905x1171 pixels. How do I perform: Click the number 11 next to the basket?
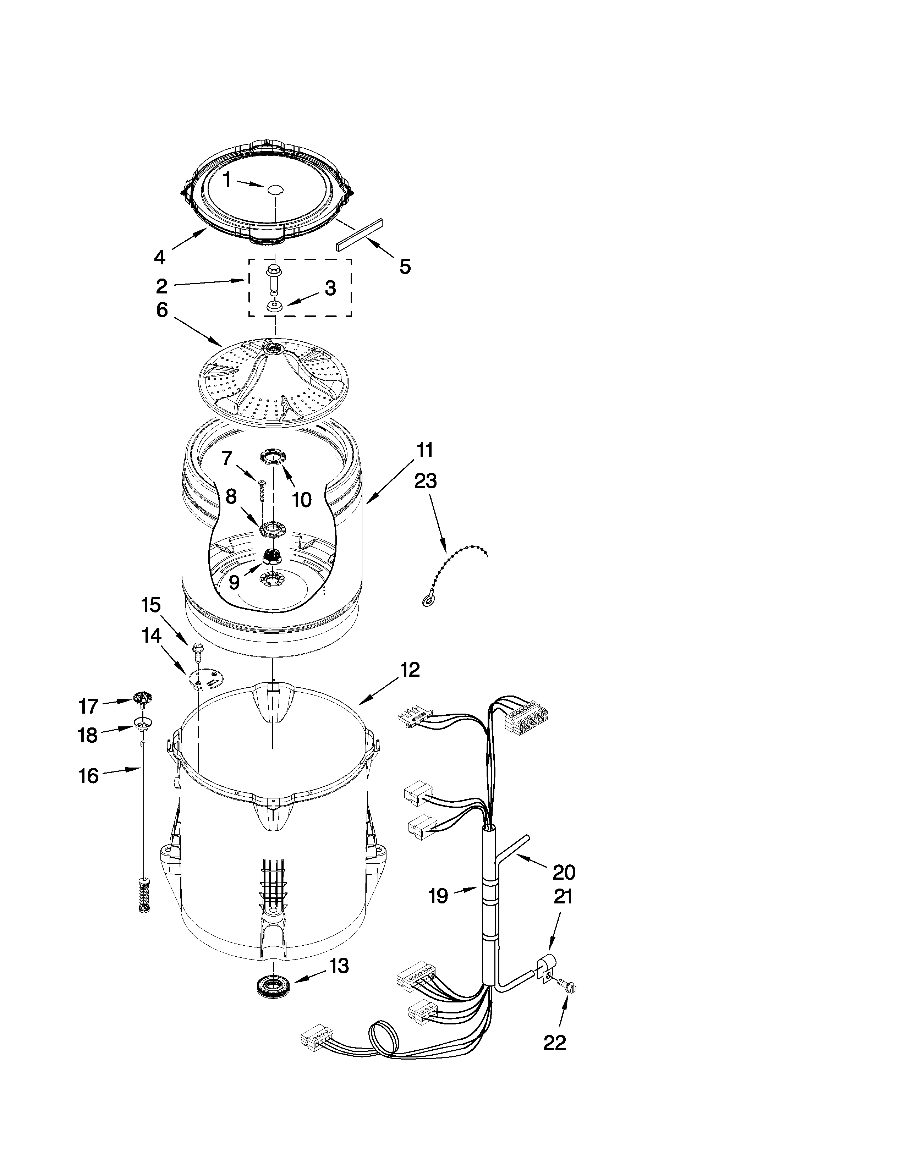pyautogui.click(x=424, y=450)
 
